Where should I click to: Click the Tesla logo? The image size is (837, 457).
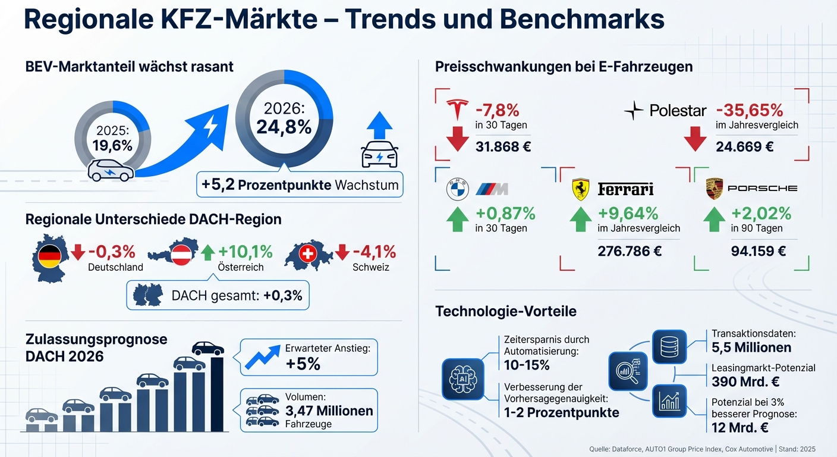coord(458,109)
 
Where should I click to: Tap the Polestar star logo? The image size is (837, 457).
coord(634,111)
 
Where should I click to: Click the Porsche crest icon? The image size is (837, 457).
coord(714,189)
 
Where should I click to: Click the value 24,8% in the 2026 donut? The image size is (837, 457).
coord(284,127)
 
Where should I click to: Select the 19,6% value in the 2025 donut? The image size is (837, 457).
coord(112,146)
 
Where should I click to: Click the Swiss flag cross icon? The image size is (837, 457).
coord(307,255)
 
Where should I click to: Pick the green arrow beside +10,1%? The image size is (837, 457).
coord(207,253)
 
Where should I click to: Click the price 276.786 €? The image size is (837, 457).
coord(630,251)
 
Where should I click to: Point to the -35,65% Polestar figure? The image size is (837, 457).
coord(749,110)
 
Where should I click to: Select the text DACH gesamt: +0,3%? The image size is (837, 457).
coord(237,295)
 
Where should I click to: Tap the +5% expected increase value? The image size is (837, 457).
coord(303,364)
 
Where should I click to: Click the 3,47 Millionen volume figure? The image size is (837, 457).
coord(329,411)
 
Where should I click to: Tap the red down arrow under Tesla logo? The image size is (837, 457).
coord(458,138)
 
